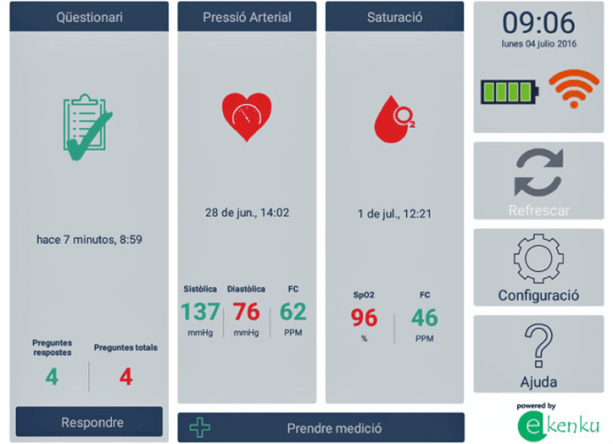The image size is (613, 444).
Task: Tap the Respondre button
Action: tap(89, 422)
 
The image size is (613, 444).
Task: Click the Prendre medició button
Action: tap(321, 427)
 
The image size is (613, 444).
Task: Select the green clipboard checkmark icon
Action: tap(88, 127)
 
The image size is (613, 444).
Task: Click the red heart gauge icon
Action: tap(247, 116)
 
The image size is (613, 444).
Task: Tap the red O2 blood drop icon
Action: tap(394, 119)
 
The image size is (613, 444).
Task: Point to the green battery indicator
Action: tap(510, 92)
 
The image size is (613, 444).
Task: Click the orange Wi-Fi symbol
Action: tap(573, 88)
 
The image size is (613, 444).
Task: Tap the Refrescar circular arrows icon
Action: tap(539, 172)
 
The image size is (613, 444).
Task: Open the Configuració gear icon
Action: tap(539, 258)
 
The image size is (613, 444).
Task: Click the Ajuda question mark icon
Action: tap(539, 346)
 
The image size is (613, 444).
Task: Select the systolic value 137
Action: tap(200, 312)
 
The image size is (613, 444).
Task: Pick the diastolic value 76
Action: tap(247, 312)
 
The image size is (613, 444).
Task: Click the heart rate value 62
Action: tap(292, 312)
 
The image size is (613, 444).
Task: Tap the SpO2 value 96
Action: tap(364, 318)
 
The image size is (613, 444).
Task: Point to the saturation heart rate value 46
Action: tap(425, 318)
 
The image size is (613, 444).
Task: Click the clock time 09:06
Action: tap(539, 23)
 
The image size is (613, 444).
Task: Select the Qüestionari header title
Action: tap(89, 18)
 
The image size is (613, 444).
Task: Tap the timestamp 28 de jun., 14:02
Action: tap(247, 212)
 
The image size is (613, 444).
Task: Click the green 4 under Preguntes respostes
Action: tap(52, 377)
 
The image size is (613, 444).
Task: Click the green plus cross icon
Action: tap(200, 427)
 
